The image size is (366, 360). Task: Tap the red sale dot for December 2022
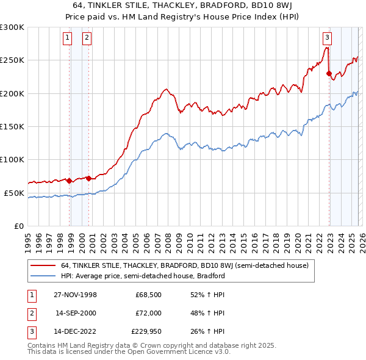329,74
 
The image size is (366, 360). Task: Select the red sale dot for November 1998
70,181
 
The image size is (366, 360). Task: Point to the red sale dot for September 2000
89,178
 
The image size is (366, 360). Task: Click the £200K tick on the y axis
12,93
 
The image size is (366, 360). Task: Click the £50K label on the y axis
14,193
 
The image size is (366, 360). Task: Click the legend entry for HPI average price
143,276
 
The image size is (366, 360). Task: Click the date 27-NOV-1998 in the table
76,295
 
